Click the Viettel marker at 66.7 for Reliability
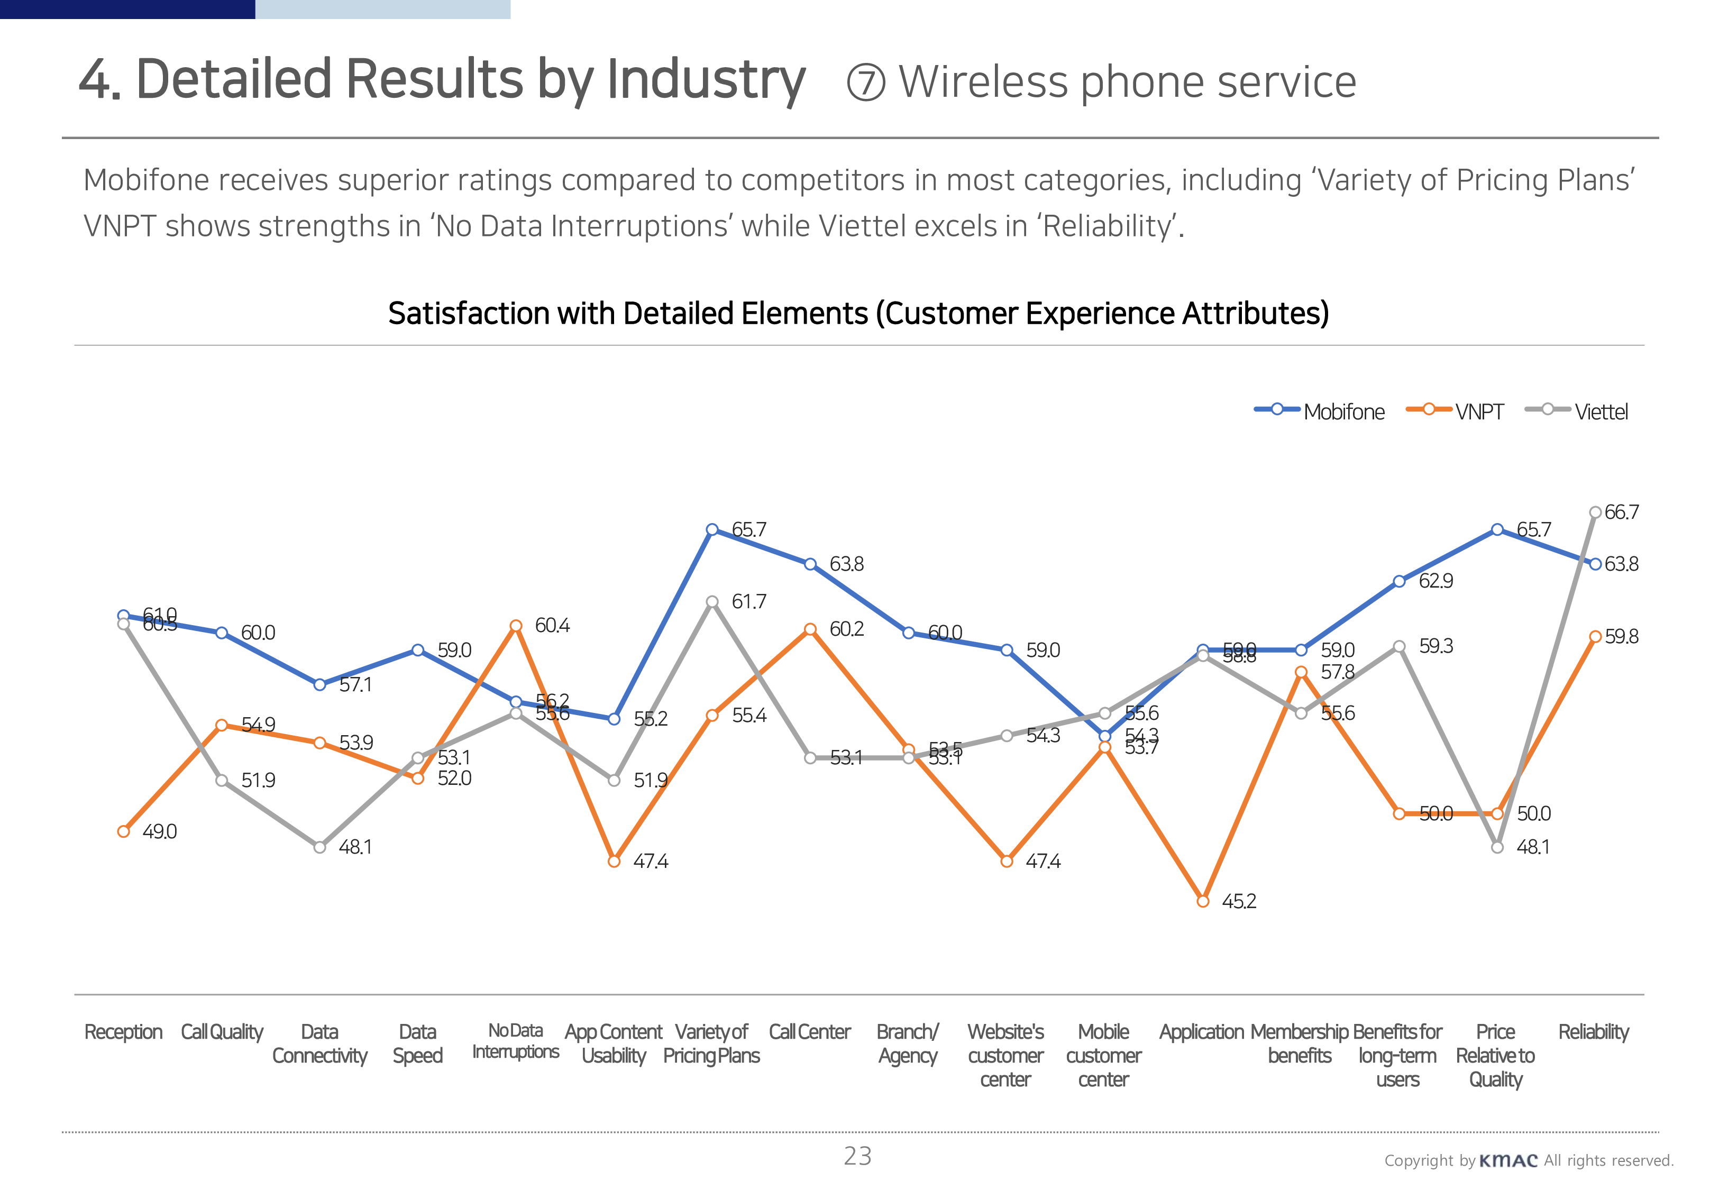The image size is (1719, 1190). point(1595,512)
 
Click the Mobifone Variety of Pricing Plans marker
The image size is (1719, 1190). point(712,529)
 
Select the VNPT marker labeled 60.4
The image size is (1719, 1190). point(516,626)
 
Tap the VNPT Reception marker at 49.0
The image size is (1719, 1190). point(124,831)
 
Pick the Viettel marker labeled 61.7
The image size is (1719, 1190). point(712,602)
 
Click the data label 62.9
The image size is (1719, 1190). point(1435,581)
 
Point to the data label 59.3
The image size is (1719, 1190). point(1435,646)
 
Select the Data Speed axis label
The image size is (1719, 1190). point(417,1044)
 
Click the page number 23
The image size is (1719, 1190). point(857,1157)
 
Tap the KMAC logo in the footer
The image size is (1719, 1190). point(1508,1161)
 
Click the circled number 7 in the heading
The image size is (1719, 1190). point(866,83)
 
